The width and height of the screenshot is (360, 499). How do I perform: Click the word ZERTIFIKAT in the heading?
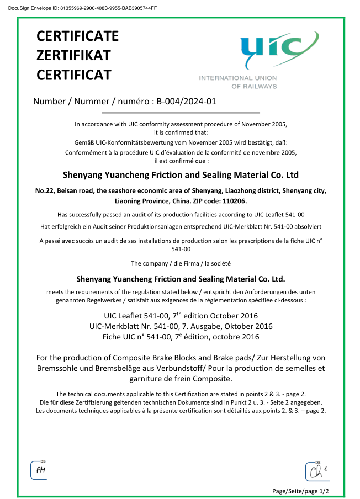point(73,55)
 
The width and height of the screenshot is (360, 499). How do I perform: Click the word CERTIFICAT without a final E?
point(73,75)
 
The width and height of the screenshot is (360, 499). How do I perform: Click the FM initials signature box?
point(40,470)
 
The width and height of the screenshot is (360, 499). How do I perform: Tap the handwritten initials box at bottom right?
point(317,471)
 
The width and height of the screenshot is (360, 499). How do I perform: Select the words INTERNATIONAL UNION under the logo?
point(237,78)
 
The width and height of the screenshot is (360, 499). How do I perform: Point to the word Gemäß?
point(84,142)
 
